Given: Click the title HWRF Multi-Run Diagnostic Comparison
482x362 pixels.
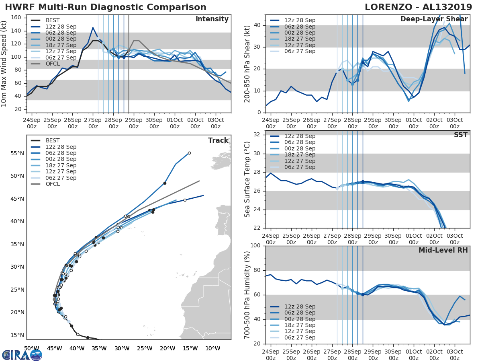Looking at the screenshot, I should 106,7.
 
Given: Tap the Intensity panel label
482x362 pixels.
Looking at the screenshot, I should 212,19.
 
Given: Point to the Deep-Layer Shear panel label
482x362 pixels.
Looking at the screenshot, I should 434,19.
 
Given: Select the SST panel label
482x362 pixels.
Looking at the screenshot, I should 460,135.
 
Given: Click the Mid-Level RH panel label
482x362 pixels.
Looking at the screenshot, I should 443,251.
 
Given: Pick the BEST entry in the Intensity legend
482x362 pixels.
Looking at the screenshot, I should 52,20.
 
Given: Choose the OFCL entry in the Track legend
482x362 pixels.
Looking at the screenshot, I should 53,184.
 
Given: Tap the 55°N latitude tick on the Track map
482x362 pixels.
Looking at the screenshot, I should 17,154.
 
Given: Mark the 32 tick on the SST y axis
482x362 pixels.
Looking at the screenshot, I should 259,135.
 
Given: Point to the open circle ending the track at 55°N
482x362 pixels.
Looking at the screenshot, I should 189,153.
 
